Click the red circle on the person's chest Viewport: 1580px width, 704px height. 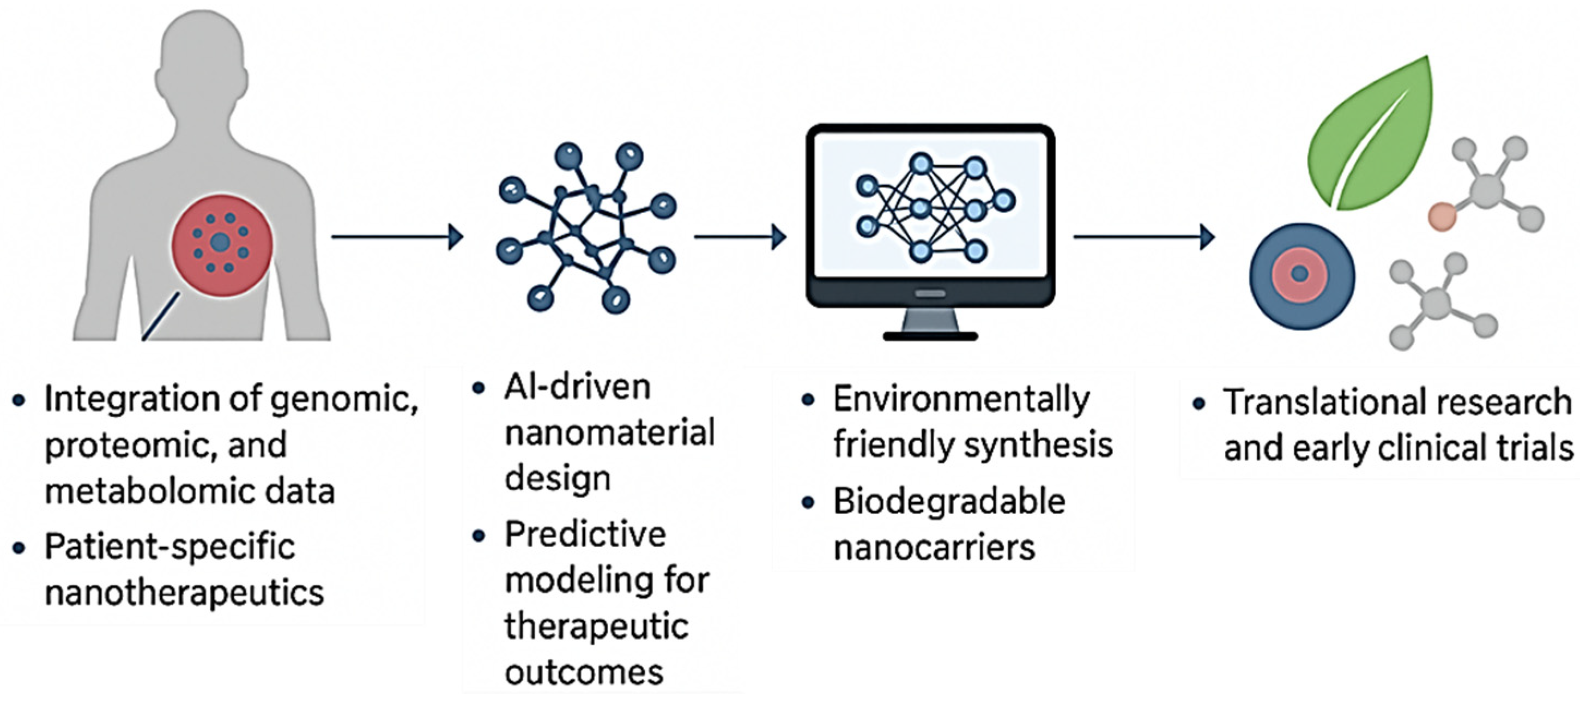(222, 245)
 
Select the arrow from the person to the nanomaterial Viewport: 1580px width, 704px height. (396, 237)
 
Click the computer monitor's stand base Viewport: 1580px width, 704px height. (930, 336)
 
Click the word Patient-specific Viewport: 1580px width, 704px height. (170, 546)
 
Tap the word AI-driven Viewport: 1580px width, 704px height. (577, 388)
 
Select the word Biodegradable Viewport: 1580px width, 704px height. (949, 502)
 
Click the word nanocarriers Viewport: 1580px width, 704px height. (934, 547)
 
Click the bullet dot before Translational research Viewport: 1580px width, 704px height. (1198, 404)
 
